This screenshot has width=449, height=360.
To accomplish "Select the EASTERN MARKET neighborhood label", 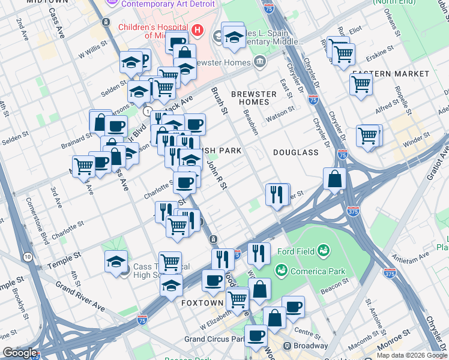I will click(x=390, y=74).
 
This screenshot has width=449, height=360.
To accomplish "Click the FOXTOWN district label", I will click(x=202, y=303).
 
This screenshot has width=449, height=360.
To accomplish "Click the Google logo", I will click(x=19, y=353).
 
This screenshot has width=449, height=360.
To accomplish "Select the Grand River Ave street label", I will click(x=80, y=296).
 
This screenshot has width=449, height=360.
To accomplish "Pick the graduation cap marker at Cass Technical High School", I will click(x=116, y=261).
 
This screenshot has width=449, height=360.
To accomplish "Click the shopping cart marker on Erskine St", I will click(x=343, y=55).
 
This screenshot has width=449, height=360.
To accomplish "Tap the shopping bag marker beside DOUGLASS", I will click(x=334, y=178).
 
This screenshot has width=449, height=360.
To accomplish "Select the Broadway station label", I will click(x=310, y=346).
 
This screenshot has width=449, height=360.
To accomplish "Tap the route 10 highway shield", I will click(x=28, y=257).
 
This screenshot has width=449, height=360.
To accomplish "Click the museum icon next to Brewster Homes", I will click(x=259, y=61).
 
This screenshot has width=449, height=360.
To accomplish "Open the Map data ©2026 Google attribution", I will click(x=412, y=355).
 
